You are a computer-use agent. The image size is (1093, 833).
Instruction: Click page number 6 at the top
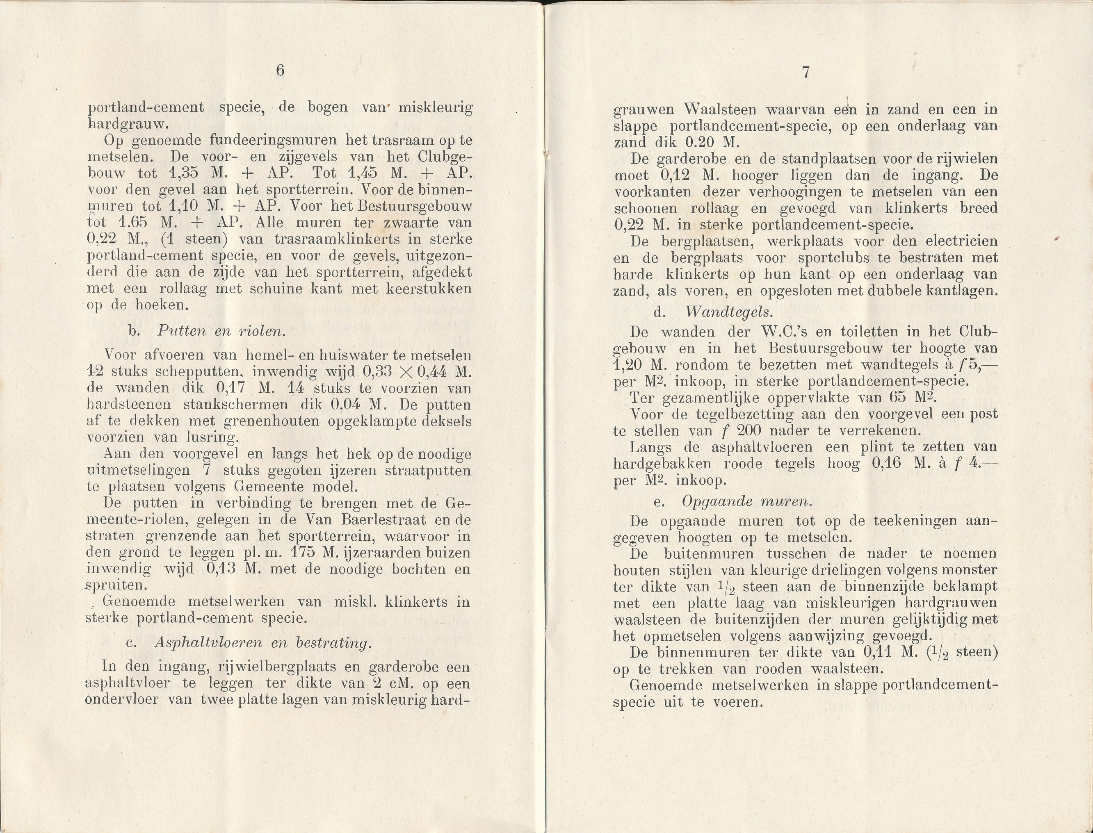coord(280,71)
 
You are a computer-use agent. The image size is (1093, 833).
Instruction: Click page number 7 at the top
coord(805,73)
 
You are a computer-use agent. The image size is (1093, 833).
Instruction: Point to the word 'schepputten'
coord(201,372)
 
